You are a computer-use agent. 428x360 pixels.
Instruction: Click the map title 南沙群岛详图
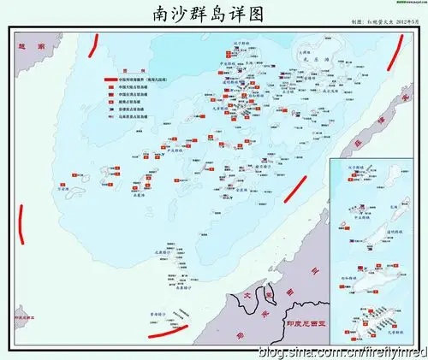213,15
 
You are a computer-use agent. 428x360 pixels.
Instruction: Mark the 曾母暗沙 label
159,315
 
